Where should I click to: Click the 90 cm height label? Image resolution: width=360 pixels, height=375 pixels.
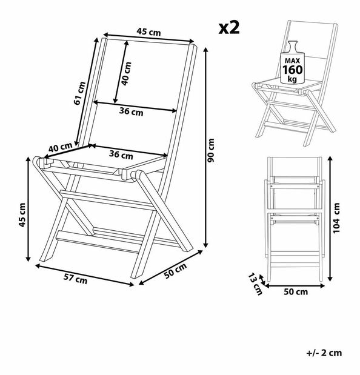click(211, 150)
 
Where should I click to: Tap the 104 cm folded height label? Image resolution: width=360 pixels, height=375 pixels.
click(336, 217)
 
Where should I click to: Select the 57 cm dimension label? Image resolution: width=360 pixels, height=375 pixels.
click(75, 279)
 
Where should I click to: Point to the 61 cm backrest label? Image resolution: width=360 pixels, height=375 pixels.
click(79, 93)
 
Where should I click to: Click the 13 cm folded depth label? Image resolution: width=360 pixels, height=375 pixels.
click(255, 284)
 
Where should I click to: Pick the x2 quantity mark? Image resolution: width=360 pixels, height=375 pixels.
click(229, 27)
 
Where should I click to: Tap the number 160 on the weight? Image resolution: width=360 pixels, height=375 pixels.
click(292, 70)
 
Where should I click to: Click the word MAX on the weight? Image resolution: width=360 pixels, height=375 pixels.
click(292, 61)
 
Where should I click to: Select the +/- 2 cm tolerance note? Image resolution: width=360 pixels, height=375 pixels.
click(324, 353)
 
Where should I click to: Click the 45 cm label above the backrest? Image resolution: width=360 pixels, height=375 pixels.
click(148, 32)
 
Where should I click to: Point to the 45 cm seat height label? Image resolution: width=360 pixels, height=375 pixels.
click(22, 215)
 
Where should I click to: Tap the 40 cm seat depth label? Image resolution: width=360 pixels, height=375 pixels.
click(60, 147)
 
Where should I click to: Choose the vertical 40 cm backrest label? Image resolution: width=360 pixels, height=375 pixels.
click(126, 74)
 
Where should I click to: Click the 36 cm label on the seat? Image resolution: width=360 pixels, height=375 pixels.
click(121, 154)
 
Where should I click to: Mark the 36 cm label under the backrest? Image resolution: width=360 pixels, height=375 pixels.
click(132, 111)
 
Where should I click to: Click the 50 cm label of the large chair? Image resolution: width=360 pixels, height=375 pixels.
click(175, 271)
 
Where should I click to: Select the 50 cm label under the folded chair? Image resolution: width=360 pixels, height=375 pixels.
click(296, 292)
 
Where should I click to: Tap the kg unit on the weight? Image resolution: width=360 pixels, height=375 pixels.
click(292, 79)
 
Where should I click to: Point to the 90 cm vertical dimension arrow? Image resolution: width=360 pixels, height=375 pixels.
click(205, 148)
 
